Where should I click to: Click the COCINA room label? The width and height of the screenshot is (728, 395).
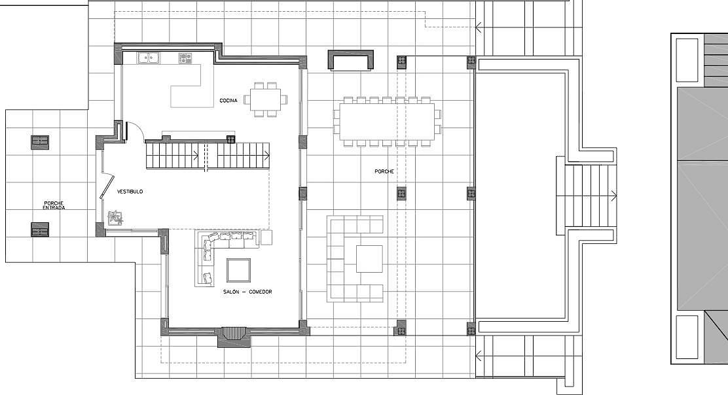pyautogui.click(x=228, y=101)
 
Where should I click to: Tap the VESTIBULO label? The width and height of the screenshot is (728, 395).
pyautogui.click(x=130, y=192)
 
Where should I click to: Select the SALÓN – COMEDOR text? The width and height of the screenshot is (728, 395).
pyautogui.click(x=247, y=292)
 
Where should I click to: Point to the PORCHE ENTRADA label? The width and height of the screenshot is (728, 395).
pyautogui.click(x=54, y=205)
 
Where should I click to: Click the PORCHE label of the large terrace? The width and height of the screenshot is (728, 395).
pyautogui.click(x=384, y=171)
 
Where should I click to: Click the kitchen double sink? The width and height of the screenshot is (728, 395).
pyautogui.click(x=149, y=58)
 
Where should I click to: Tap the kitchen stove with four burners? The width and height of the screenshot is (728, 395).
pyautogui.click(x=185, y=58)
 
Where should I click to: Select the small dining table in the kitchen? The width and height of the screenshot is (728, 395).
pyautogui.click(x=266, y=99)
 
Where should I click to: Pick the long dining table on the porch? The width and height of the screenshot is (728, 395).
pyautogui.click(x=387, y=122)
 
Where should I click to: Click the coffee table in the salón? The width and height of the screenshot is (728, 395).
pyautogui.click(x=239, y=270)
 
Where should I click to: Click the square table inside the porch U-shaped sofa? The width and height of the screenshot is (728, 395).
pyautogui.click(x=370, y=259)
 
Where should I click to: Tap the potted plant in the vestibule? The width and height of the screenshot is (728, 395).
pyautogui.click(x=115, y=218)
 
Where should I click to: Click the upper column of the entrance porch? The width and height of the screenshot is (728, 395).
pyautogui.click(x=40, y=143)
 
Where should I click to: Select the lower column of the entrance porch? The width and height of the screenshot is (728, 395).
pyautogui.click(x=40, y=230)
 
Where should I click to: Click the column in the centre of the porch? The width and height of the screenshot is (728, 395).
pyautogui.click(x=401, y=194)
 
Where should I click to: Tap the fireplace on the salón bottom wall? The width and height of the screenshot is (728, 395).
pyautogui.click(x=234, y=337)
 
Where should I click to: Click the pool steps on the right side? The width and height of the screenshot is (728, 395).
pyautogui.click(x=588, y=196)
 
